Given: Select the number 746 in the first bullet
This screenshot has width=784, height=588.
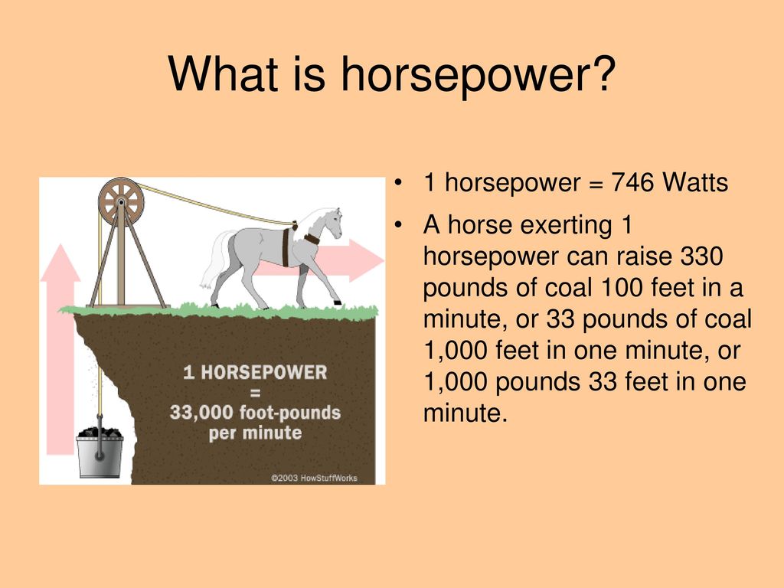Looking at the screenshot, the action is click(632, 182).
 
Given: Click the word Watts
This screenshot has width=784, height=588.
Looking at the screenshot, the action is click(695, 182).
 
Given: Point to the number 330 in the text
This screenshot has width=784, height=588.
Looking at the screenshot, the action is click(702, 256).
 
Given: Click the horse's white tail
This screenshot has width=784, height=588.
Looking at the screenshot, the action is click(215, 260).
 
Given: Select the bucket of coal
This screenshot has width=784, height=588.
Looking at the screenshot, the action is click(100, 452).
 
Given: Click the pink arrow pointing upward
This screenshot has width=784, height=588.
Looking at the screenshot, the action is click(60, 349).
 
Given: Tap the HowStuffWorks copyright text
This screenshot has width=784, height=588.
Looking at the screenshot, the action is click(314, 478).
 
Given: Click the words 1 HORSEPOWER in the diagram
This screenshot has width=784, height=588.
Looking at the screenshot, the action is click(255, 373).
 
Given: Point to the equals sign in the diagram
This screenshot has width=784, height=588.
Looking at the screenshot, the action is click(255, 393).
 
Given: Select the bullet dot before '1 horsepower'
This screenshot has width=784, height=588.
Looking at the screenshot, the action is click(398, 182).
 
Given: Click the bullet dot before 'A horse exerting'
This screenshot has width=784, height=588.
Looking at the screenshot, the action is click(398, 226).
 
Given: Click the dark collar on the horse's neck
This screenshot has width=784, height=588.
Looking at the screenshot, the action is click(312, 239).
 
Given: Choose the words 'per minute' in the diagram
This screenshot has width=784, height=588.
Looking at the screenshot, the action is click(255, 433).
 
